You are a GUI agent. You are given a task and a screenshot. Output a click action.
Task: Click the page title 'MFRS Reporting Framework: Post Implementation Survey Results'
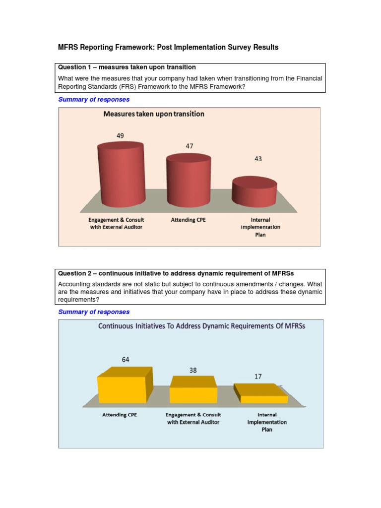pyautogui.click(x=168, y=48)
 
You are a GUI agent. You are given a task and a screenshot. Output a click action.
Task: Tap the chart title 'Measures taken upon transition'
pyautogui.click(x=153, y=114)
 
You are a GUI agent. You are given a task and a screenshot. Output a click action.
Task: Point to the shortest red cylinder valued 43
pyautogui.click(x=254, y=192)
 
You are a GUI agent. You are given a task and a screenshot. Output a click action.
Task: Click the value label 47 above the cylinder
pyautogui.click(x=190, y=146)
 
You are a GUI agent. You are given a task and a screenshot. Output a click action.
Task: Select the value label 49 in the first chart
pyautogui.click(x=120, y=135)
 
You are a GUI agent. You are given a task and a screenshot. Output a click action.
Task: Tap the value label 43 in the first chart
pyautogui.click(x=257, y=159)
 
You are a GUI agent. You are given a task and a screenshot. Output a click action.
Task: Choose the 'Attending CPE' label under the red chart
pyautogui.click(x=189, y=219)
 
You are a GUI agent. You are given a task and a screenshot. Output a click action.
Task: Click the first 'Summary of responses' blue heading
pyautogui.click(x=94, y=99)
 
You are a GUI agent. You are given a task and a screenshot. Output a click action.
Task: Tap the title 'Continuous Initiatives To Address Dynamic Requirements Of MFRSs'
pyautogui.click(x=201, y=326)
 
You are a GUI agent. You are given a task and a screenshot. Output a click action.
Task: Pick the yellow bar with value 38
pyautogui.click(x=193, y=390)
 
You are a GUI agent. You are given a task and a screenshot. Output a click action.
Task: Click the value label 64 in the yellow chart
pyautogui.click(x=125, y=360)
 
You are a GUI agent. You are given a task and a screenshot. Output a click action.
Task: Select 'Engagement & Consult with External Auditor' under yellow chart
pyautogui.click(x=193, y=418)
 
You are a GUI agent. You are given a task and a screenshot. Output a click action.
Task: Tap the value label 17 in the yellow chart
pyautogui.click(x=258, y=377)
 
